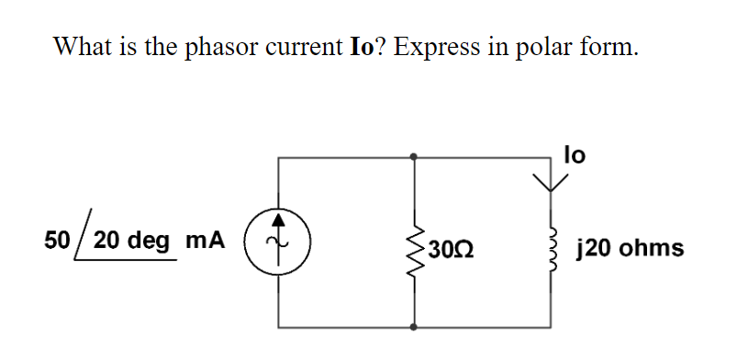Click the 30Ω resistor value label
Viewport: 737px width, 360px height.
pos(450,248)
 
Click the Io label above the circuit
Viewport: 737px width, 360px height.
pos(574,155)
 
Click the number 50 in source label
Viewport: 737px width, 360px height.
pos(58,242)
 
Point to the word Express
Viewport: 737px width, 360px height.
pos(436,48)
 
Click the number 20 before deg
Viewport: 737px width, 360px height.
pos(106,242)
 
